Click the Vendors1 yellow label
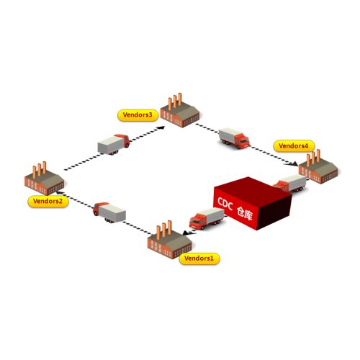pyautogui.click(x=199, y=258)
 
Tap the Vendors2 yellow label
pyautogui.click(x=48, y=202)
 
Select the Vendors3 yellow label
pyautogui.click(x=138, y=115)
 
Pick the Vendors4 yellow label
pyautogui.click(x=294, y=146)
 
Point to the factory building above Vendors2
pyautogui.click(x=45, y=179)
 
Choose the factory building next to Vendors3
pyautogui.click(x=180, y=110)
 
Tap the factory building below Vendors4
pyautogui.click(x=318, y=167)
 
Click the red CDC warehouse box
pyautogui.click(x=253, y=203)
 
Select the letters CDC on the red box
pyautogui.click(x=225, y=204)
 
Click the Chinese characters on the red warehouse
pyautogui.click(x=245, y=213)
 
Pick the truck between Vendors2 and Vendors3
pyautogui.click(x=114, y=145)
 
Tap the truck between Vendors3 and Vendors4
pyautogui.click(x=234, y=138)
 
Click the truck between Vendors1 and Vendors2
pyautogui.click(x=109, y=212)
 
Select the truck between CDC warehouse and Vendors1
pyautogui.click(x=207, y=219)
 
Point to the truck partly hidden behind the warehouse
pyautogui.click(x=289, y=184)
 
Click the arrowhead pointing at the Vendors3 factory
pyautogui.click(x=161, y=127)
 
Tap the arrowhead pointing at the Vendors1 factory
pyautogui.click(x=186, y=233)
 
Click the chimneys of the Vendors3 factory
pyautogui.click(x=175, y=101)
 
